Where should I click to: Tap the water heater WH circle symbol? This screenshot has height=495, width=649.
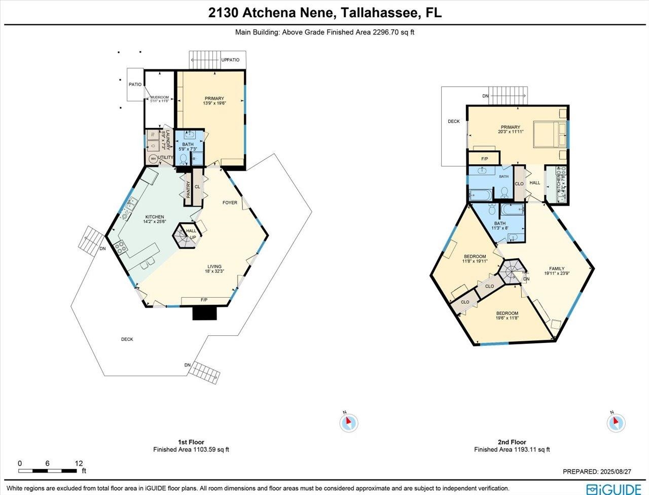pyautogui.click(x=153, y=158)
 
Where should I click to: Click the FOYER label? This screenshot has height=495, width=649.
pyautogui.click(x=230, y=203)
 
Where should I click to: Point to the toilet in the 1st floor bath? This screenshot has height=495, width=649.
pyautogui.click(x=184, y=159)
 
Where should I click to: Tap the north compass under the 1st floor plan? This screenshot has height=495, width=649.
pyautogui.click(x=348, y=422)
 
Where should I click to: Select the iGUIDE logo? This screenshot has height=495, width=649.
pyautogui.click(x=614, y=489)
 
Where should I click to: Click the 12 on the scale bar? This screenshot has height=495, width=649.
pyautogui.click(x=79, y=464)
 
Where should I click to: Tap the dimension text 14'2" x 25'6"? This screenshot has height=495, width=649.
pyautogui.click(x=155, y=222)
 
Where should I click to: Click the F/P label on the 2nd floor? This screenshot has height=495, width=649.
pyautogui.click(x=484, y=159)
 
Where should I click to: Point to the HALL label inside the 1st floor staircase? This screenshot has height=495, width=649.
pyautogui.click(x=191, y=231)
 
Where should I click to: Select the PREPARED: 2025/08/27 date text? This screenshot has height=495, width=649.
pyautogui.click(x=597, y=472)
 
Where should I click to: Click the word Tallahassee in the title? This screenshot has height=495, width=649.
pyautogui.click(x=377, y=13)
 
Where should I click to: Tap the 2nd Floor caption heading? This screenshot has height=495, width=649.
pyautogui.click(x=512, y=442)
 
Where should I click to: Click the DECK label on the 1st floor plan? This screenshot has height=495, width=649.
pyautogui.click(x=127, y=339)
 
